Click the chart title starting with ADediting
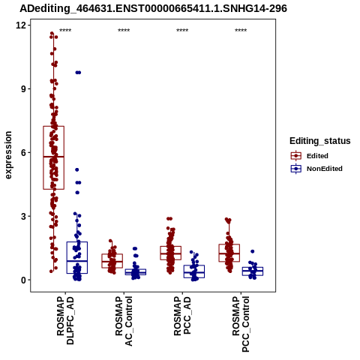(153, 8)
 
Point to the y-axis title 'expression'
(8, 155)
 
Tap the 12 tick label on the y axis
(21, 25)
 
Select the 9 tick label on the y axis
(24, 88)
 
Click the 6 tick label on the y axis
(24, 152)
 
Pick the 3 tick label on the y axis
(24, 216)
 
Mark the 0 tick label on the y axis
(24, 280)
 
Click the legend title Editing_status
(320, 141)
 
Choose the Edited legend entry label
(317, 156)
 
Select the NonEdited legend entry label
(325, 169)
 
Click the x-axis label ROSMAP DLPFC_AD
(65, 320)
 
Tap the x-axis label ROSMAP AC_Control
(124, 321)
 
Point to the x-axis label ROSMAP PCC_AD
(182, 316)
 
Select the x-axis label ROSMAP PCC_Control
(241, 324)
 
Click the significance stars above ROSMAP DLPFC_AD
(65, 31)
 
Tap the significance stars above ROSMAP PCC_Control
(241, 31)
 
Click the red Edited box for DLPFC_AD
(43, 157)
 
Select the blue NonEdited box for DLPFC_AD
(67, 257)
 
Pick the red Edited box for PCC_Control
(219, 253)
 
